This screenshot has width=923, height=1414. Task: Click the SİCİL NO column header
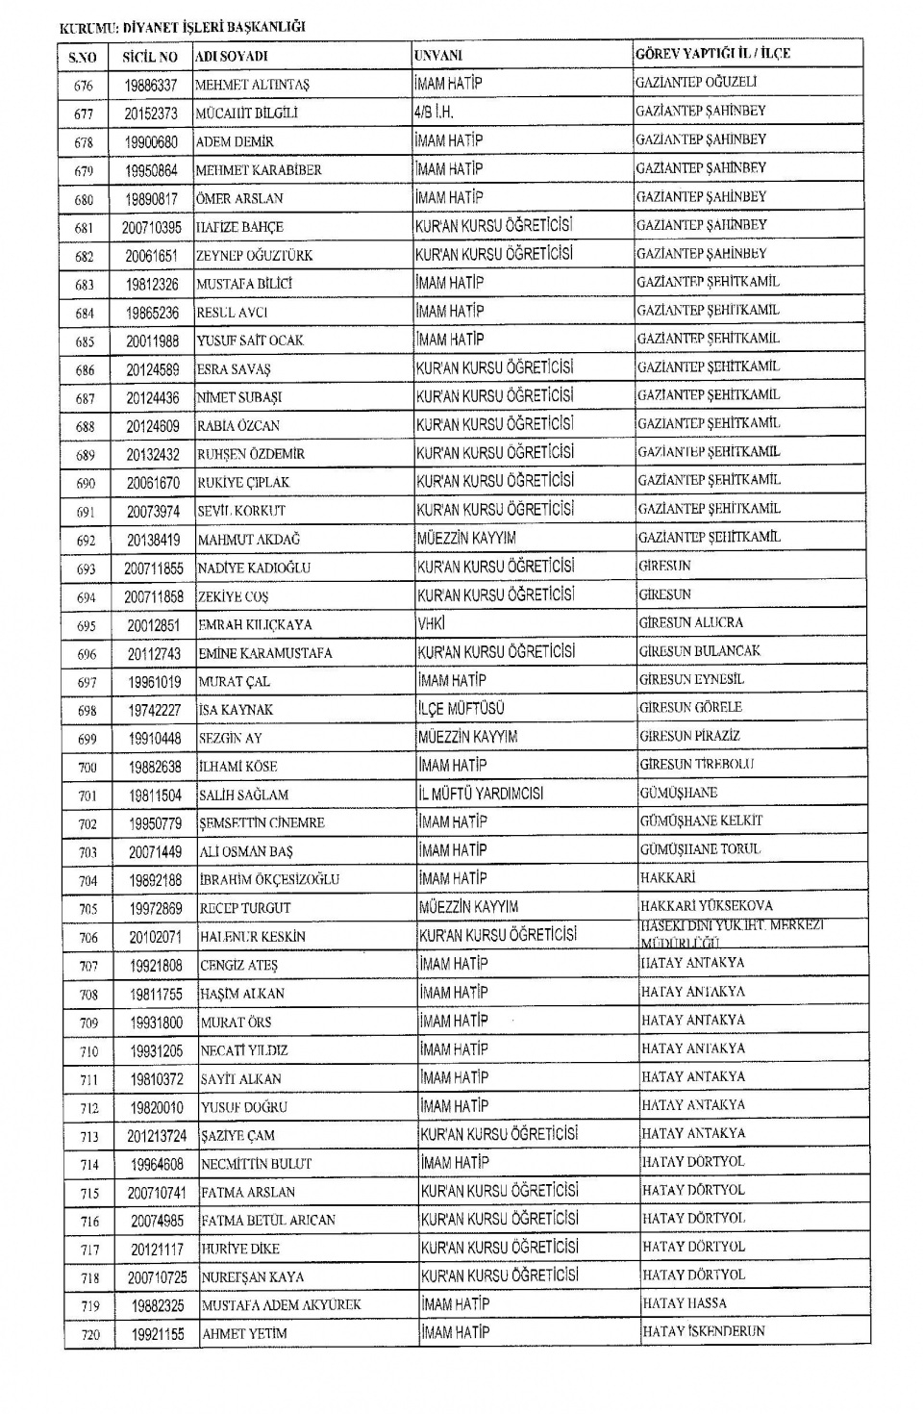(150, 57)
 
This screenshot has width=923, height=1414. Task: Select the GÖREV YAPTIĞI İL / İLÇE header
(712, 54)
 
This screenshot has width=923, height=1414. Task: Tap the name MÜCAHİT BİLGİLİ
(247, 114)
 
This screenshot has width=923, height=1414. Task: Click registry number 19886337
(151, 86)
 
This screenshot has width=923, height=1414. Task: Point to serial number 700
(88, 767)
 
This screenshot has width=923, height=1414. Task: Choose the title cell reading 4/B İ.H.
(434, 112)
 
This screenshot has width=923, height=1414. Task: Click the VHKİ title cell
(432, 623)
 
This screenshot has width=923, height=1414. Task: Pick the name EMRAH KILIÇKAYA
(255, 625)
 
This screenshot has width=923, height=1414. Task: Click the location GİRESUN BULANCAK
(699, 651)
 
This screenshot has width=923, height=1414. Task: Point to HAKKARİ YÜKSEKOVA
(706, 906)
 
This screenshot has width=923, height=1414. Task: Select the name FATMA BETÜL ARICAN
(268, 1221)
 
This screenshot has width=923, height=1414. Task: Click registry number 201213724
(157, 1136)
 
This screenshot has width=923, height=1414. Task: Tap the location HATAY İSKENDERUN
(704, 1332)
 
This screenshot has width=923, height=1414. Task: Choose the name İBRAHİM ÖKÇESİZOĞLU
(269, 880)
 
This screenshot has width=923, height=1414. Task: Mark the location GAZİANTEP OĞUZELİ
(696, 83)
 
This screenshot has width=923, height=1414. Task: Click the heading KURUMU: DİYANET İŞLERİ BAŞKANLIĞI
(182, 27)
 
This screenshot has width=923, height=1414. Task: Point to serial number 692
(87, 541)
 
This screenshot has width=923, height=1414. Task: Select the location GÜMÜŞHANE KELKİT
(701, 821)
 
